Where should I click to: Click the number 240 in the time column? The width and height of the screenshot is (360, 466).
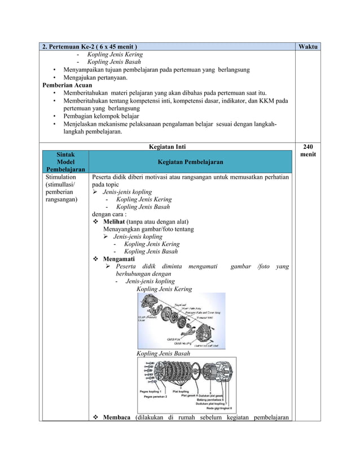pos(308,146)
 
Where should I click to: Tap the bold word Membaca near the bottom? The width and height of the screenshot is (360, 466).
pos(117,417)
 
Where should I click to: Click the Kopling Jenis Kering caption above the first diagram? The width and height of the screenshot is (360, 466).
pos(164,289)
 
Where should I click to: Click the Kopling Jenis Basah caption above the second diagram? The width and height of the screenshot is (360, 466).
pos(163,353)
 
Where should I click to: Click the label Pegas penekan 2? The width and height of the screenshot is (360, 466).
pos(159,397)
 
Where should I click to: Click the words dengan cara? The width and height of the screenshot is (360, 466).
pos(109,214)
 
